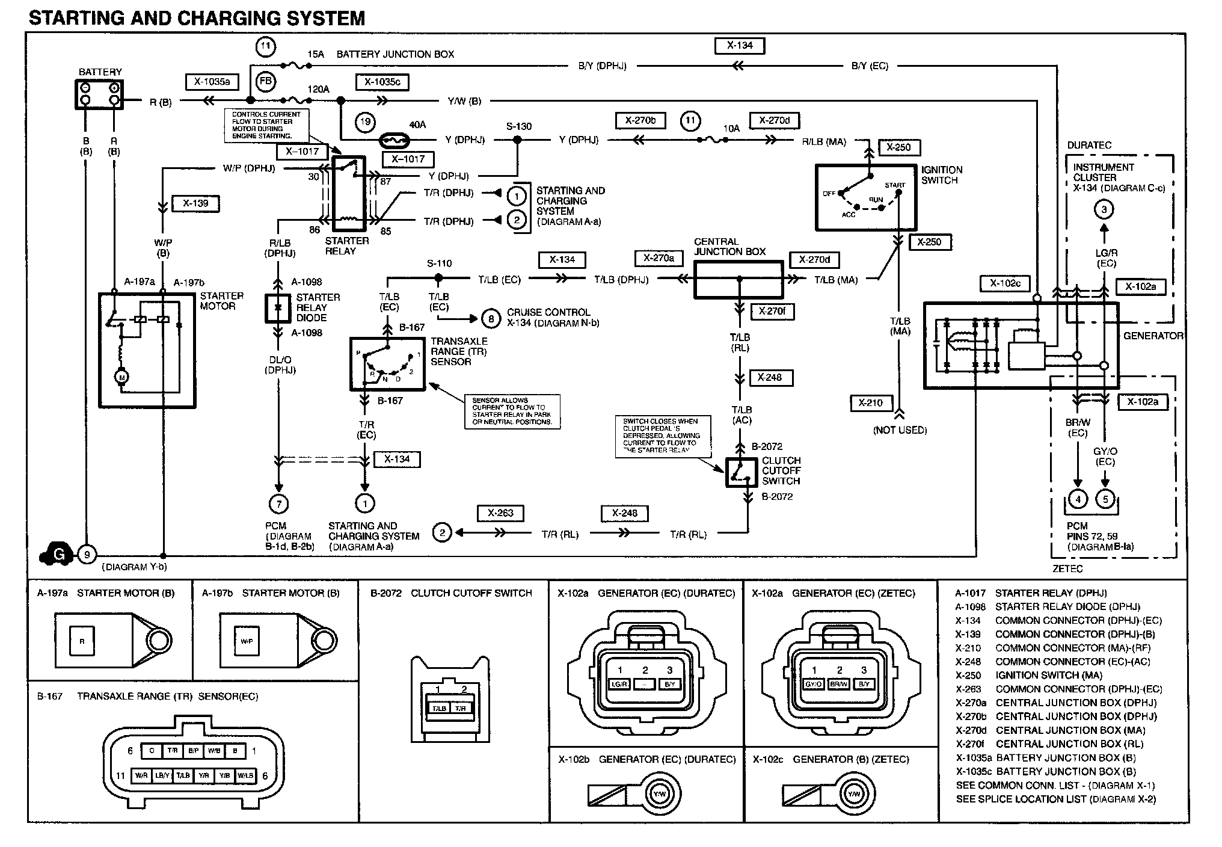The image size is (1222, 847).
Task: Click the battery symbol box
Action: tap(99, 94)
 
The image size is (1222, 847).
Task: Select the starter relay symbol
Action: tap(349, 194)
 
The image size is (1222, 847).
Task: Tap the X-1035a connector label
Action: tap(212, 82)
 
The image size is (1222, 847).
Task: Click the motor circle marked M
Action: tap(122, 377)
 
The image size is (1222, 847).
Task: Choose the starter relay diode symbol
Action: tap(278, 307)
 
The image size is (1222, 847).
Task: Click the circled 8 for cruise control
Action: tap(491, 318)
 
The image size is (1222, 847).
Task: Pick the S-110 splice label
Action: tap(439, 263)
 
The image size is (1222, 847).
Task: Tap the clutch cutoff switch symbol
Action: tap(741, 473)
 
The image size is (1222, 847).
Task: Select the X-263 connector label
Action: tap(500, 513)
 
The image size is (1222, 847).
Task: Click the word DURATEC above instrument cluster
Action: tap(1089, 146)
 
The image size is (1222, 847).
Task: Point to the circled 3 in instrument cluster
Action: tap(1104, 209)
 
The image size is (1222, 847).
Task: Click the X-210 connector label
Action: tap(870, 403)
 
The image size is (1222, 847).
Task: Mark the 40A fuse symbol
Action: tap(396, 141)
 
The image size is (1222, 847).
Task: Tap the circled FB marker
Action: tap(265, 82)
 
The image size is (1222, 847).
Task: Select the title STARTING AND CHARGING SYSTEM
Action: tap(197, 19)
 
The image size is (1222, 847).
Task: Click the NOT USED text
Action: tap(900, 430)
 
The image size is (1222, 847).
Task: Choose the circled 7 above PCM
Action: tap(278, 504)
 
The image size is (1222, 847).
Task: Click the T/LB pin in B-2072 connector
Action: tap(438, 708)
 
